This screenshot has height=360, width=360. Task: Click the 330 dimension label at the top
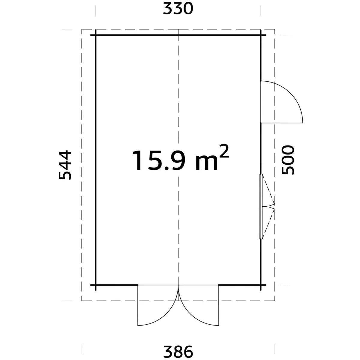178,8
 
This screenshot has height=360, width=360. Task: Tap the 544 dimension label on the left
65,165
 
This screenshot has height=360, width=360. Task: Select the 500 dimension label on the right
288,160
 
